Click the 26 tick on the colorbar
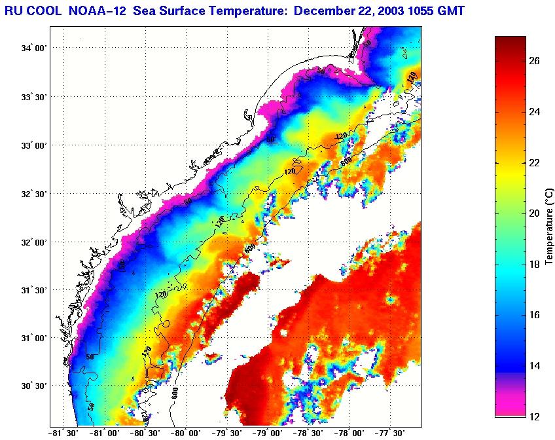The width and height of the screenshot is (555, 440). click(x=535, y=61)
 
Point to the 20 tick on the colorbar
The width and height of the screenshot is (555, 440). click(x=535, y=213)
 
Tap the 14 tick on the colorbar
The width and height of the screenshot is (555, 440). click(x=535, y=366)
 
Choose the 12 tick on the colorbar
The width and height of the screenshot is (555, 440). click(x=535, y=416)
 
